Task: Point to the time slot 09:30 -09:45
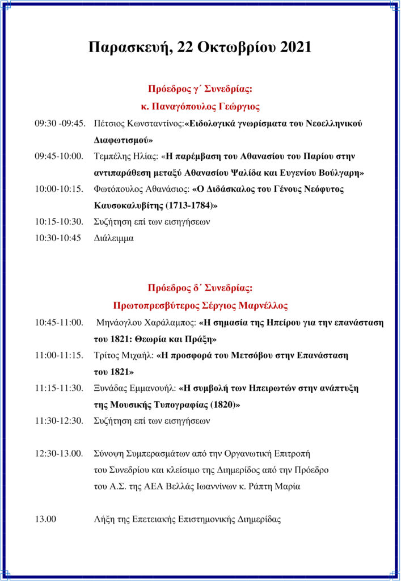[x=60, y=123]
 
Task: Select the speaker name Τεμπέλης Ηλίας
[x=126, y=156]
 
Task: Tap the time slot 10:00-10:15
[x=59, y=189]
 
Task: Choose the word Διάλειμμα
[x=114, y=238]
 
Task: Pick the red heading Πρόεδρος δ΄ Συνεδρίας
[x=200, y=288]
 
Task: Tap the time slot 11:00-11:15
[x=59, y=356]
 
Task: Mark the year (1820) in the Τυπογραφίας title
[x=225, y=405]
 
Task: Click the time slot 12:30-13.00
[x=59, y=454]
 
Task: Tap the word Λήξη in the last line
[x=105, y=519]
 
